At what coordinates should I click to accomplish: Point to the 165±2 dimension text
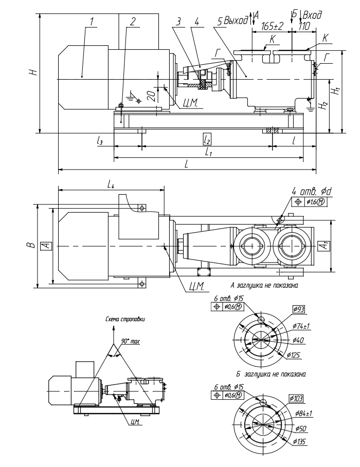point(271,25)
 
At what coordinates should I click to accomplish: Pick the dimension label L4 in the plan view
point(111,183)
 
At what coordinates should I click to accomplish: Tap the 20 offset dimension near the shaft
point(150,95)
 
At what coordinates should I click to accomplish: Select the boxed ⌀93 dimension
point(299,309)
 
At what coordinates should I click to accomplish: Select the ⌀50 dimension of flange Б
point(299,427)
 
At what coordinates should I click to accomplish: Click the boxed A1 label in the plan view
point(322,246)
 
